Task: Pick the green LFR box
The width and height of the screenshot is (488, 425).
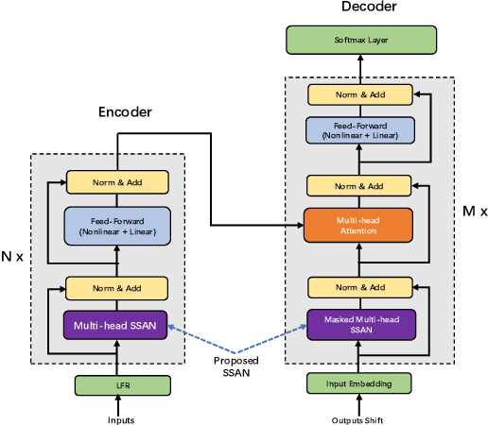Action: tap(116, 384)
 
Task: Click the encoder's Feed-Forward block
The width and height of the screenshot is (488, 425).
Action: tap(116, 226)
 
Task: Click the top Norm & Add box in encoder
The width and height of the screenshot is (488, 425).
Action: tap(116, 181)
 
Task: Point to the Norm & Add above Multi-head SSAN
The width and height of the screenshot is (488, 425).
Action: tap(116, 288)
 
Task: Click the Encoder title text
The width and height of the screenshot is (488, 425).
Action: tap(126, 112)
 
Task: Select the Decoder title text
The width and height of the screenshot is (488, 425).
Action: tap(367, 8)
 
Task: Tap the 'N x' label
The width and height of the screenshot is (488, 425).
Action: tap(12, 257)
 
